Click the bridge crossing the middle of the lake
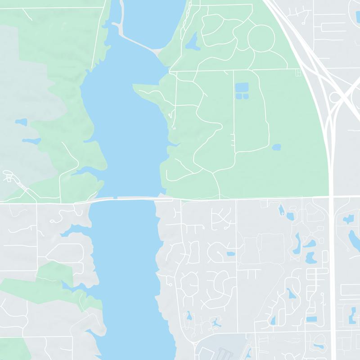click(x=126, y=198)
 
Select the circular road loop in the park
click(x=261, y=38)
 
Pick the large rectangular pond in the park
click(x=242, y=86)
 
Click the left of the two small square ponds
click(x=239, y=96)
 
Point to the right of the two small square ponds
click(x=246, y=96)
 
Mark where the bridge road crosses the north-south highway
click(x=332, y=197)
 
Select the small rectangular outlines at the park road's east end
click(x=297, y=72)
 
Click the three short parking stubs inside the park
click(x=232, y=140)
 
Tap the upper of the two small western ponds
click(x=21, y=122)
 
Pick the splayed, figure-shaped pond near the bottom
click(x=216, y=322)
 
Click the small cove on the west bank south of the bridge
click(x=72, y=232)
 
